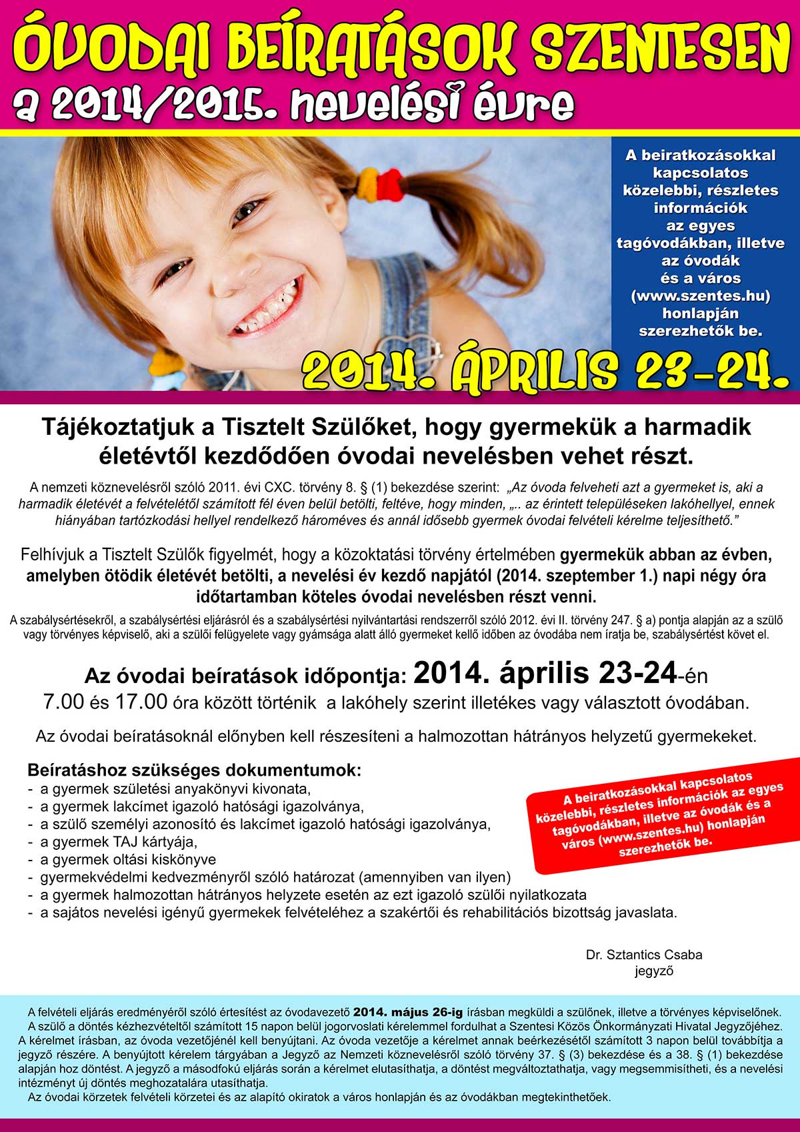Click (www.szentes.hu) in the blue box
(700, 296)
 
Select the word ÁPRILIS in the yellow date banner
(533, 369)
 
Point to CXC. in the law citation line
(280, 486)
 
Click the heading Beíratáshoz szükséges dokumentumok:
(194, 770)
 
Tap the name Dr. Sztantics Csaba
(644, 955)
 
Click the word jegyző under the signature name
(653, 971)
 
